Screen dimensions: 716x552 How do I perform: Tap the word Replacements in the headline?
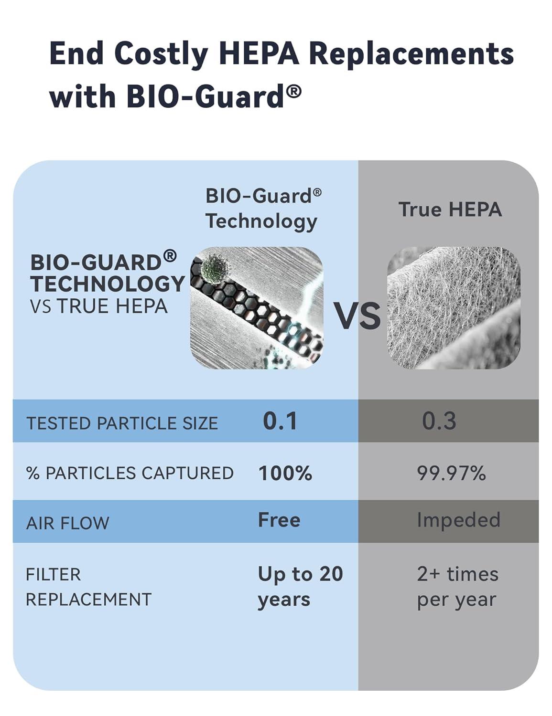[411, 53]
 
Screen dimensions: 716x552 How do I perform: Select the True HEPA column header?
[450, 210]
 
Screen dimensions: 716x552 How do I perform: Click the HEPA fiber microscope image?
[453, 308]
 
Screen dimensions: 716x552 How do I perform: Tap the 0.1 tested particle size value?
[280, 421]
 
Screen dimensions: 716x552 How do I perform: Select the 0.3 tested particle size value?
[439, 421]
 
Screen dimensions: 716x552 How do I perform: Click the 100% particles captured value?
[285, 474]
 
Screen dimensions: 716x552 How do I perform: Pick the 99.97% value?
[451, 474]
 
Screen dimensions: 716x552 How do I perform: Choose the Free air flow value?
[279, 520]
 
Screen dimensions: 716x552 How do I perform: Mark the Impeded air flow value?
[458, 520]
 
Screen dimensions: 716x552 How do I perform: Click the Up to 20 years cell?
[300, 587]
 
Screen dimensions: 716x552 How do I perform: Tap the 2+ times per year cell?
[457, 587]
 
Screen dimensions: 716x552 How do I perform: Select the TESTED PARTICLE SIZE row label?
[122, 423]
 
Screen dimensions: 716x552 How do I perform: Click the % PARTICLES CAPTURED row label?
[130, 474]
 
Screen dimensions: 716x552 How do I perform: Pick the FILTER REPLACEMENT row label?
[88, 587]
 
